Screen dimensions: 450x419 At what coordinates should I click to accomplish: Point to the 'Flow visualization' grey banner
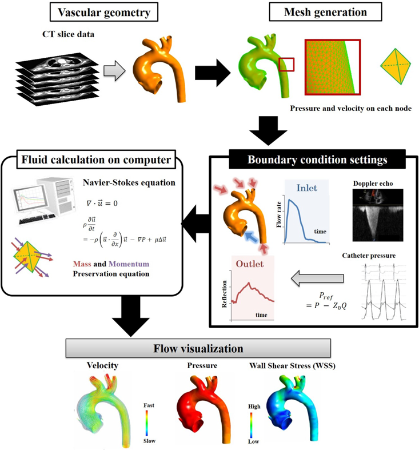(198, 348)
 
